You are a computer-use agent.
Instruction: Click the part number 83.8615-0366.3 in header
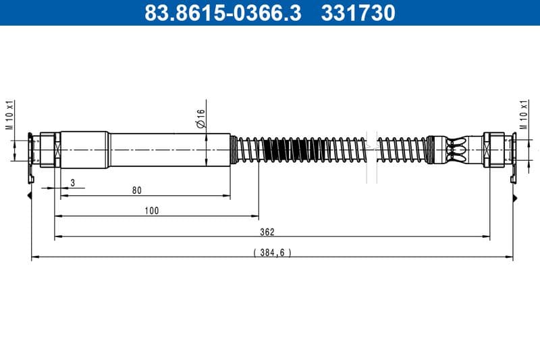pyautogui.click(x=223, y=12)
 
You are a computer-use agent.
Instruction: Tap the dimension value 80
pyautogui.click(x=137, y=190)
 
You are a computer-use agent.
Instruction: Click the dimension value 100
pyautogui.click(x=152, y=211)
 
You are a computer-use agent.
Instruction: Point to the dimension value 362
pyautogui.click(x=267, y=232)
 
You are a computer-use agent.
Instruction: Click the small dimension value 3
pyautogui.click(x=72, y=183)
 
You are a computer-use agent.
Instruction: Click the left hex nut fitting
pyautogui.click(x=49, y=149)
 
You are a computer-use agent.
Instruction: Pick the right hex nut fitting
pyautogui.click(x=492, y=149)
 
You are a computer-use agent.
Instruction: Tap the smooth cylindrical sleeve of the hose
pyautogui.click(x=169, y=149)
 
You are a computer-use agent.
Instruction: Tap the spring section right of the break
pyautogui.click(x=402, y=149)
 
